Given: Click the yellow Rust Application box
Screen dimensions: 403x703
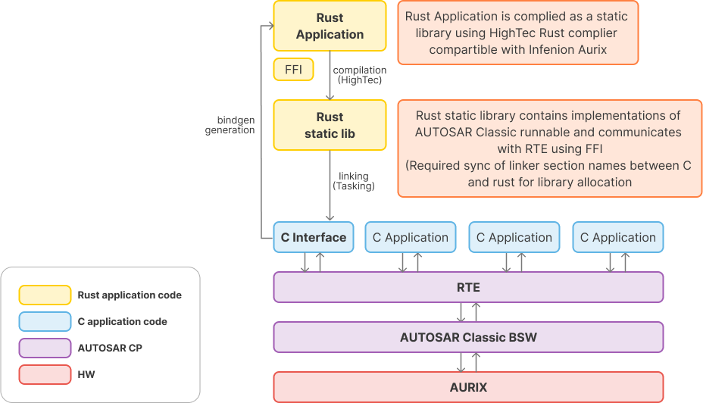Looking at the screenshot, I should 330,26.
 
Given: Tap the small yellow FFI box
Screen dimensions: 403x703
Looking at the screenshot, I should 293,70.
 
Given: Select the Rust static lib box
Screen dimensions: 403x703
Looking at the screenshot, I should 330,125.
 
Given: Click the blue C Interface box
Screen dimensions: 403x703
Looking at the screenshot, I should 313,237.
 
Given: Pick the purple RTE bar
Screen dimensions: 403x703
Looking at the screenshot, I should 468,287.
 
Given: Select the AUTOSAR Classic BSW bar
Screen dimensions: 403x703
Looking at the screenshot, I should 468,337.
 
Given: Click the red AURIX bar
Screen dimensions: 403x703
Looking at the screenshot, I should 468,387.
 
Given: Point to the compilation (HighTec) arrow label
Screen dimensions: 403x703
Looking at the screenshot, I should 360,75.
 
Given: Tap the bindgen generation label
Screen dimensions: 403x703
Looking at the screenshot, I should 230,125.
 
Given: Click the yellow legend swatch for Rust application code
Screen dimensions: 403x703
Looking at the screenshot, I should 45,295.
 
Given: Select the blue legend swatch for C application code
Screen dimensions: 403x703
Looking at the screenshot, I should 45,321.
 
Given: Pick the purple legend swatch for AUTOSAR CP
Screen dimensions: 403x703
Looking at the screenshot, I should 45,348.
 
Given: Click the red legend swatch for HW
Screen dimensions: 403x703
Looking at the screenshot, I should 45,374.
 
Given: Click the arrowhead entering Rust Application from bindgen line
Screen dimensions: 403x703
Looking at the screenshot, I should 267,26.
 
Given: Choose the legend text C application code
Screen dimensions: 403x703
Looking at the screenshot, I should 122,321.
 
